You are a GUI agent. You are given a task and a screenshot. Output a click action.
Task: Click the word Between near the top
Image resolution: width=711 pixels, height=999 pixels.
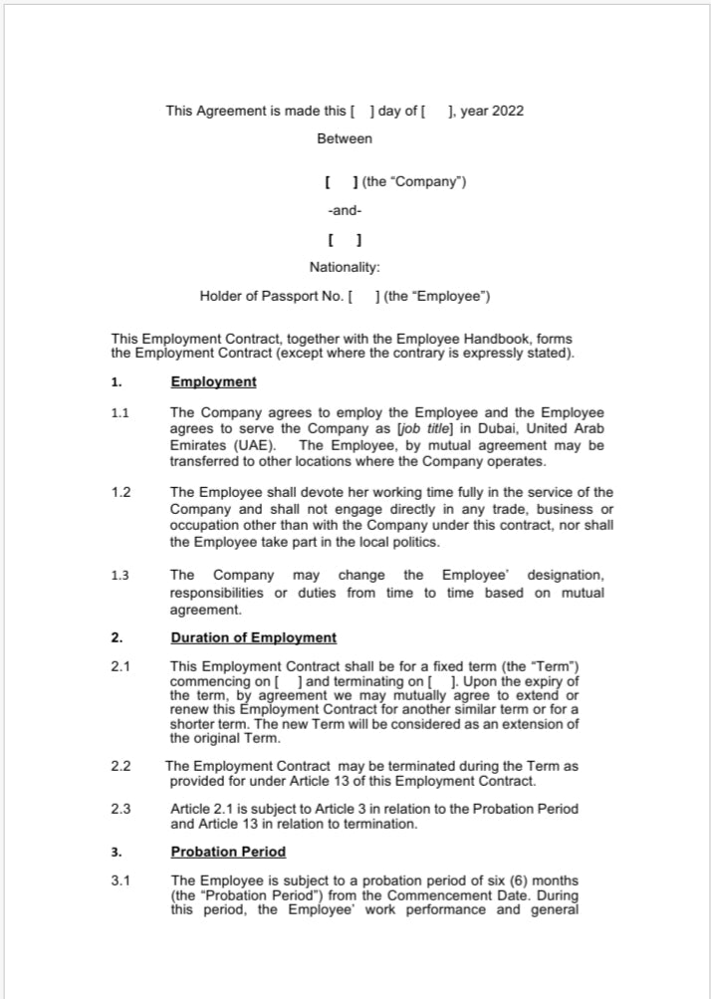(x=345, y=138)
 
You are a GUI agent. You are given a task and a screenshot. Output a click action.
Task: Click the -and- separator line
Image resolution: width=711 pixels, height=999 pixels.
(x=345, y=211)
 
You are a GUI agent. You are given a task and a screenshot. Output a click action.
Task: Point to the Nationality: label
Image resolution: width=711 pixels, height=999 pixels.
(x=345, y=267)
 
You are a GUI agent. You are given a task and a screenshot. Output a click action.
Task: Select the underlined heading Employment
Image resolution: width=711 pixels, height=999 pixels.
(x=213, y=381)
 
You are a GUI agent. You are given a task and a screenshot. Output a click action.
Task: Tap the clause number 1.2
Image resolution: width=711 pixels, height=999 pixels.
(x=121, y=492)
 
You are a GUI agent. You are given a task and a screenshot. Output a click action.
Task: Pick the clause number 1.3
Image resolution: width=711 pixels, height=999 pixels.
(x=121, y=576)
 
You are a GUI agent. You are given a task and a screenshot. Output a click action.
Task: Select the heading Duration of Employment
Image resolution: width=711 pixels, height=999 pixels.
(x=253, y=637)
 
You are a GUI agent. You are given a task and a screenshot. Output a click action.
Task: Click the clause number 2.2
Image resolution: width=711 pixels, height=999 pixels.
(x=121, y=766)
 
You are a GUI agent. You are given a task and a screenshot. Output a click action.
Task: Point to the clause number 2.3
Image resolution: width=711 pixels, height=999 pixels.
(x=121, y=808)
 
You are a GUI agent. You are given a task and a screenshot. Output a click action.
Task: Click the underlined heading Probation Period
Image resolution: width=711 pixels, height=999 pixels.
(x=228, y=852)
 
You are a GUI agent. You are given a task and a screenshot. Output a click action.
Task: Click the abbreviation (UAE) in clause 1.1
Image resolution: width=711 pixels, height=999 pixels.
(x=248, y=445)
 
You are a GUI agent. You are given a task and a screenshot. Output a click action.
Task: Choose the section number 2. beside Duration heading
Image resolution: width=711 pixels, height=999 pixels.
(x=117, y=637)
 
